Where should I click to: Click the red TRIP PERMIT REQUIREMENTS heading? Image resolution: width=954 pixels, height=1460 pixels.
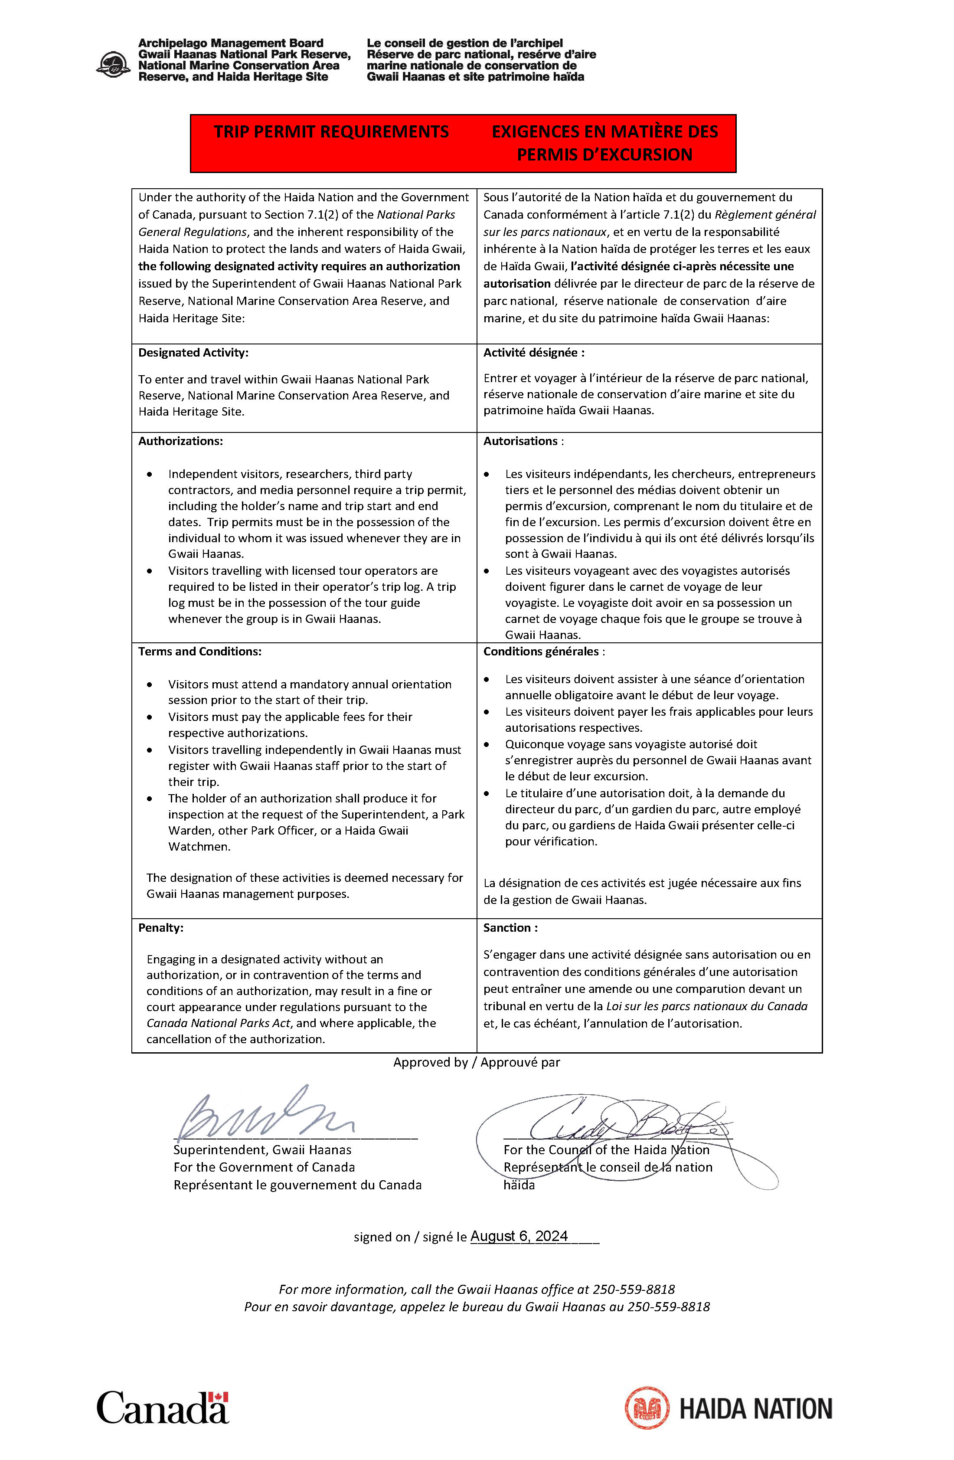tap(331, 132)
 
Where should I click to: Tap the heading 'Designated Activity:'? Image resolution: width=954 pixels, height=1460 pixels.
tap(193, 353)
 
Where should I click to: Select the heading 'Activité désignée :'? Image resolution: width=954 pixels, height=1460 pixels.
tap(533, 353)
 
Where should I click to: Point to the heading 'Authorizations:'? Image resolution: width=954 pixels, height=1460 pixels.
tap(180, 441)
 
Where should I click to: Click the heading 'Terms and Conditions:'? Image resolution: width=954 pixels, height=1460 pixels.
tap(199, 651)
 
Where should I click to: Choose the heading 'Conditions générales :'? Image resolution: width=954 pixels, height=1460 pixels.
tap(543, 651)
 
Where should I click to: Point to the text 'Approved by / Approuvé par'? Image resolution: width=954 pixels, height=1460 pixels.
tap(477, 1062)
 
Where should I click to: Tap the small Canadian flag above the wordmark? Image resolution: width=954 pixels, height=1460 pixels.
tap(218, 1397)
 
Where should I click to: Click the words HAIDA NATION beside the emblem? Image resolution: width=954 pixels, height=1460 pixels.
tap(755, 1408)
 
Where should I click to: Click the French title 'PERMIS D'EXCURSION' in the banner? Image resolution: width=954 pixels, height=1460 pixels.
tap(604, 154)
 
